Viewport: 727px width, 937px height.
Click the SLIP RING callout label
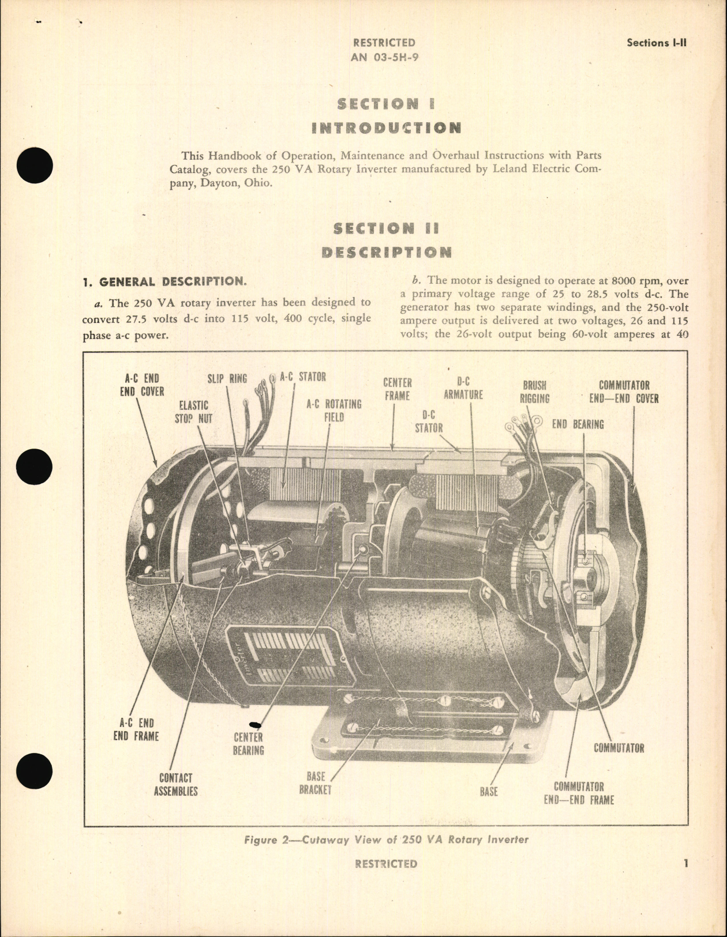(x=227, y=378)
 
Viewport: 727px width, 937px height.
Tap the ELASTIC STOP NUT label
(x=193, y=412)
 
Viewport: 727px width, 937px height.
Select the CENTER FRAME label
(x=397, y=389)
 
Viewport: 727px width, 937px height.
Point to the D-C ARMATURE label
(x=463, y=388)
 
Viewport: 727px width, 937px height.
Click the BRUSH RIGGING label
(x=534, y=392)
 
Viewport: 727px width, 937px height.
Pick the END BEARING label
(x=578, y=424)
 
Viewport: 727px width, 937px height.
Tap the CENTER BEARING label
(x=248, y=743)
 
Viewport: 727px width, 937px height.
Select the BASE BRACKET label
(x=316, y=782)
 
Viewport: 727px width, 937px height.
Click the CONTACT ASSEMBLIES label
(x=175, y=784)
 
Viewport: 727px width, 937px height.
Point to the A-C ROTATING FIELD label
(x=333, y=410)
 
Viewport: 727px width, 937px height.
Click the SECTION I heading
(x=385, y=104)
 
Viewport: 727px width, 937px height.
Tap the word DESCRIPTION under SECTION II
(x=386, y=252)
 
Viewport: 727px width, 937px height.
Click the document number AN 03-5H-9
(x=384, y=58)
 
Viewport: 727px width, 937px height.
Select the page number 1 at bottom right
(x=685, y=863)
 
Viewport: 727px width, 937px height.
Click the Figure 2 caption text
(x=386, y=839)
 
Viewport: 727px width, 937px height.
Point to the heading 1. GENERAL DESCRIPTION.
(x=164, y=282)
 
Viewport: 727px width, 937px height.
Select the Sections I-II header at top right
(x=656, y=43)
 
